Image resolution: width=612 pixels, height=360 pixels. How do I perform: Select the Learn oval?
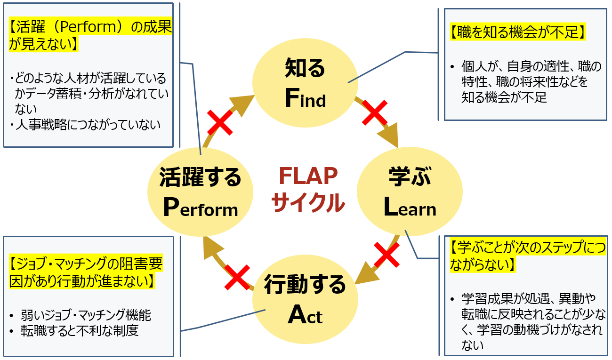pyautogui.click(x=410, y=192)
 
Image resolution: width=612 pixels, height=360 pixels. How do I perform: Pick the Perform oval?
pyautogui.click(x=201, y=192)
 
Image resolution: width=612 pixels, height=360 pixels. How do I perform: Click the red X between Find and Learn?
pyautogui.click(x=375, y=113)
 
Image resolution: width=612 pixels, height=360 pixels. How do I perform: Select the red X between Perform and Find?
pyautogui.click(x=221, y=123)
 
